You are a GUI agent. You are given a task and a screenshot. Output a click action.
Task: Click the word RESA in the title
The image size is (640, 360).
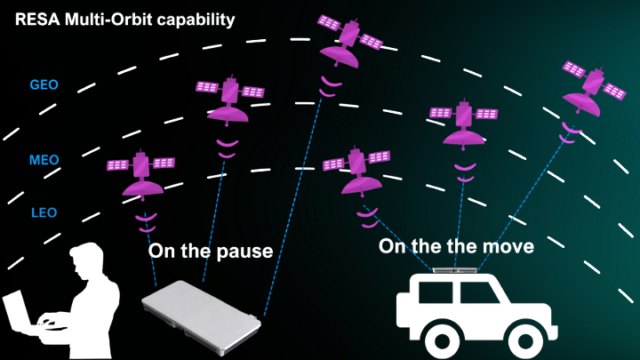(33, 19)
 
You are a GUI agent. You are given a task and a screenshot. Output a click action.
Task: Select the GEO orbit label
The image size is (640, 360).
(44, 85)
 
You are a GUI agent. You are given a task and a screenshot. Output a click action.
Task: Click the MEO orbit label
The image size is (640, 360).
(44, 160)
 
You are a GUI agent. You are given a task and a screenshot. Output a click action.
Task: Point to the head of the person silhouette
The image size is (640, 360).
(89, 262)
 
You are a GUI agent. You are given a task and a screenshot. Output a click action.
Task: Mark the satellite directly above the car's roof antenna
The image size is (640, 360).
(463, 119)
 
